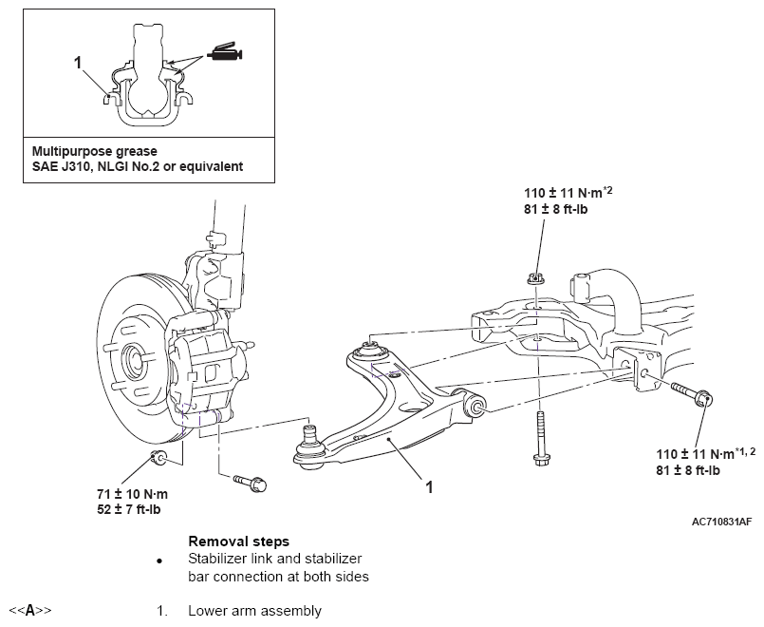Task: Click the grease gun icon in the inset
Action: (x=225, y=52)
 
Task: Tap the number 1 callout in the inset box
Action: (x=78, y=63)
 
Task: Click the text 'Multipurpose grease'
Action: (x=95, y=151)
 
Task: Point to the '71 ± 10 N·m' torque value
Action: (x=133, y=494)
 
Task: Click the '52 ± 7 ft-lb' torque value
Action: (x=129, y=509)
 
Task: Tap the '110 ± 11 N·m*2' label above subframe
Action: (x=568, y=192)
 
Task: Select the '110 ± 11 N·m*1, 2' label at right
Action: (x=705, y=453)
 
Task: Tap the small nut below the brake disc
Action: (x=158, y=459)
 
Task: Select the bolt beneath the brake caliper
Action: (x=251, y=484)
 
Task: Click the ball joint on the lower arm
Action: (x=308, y=448)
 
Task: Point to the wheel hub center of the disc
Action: (x=133, y=357)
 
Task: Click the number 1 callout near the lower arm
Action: (x=429, y=487)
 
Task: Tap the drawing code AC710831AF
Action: (x=721, y=522)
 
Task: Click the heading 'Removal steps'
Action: (x=239, y=541)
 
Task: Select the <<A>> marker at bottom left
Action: (x=29, y=611)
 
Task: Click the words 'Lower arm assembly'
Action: (x=255, y=612)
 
